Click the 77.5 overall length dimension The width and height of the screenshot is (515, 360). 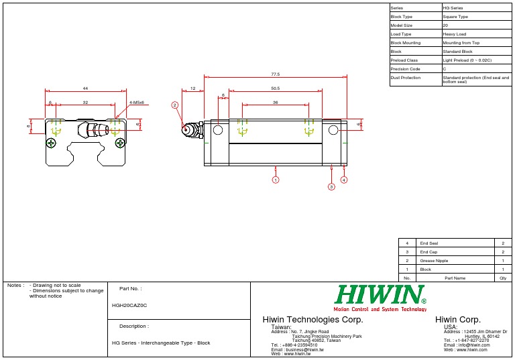[x=275, y=74]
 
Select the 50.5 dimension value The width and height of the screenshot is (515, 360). [x=275, y=88]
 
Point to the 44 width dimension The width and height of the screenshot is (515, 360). [x=85, y=88]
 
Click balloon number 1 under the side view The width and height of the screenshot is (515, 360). [x=276, y=180]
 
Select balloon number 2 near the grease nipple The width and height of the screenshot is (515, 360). [x=174, y=105]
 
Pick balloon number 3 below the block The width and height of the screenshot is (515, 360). [x=331, y=187]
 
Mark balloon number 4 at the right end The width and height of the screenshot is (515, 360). [x=344, y=180]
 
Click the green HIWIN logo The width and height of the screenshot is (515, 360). [x=380, y=294]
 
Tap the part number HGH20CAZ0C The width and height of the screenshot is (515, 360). [x=129, y=305]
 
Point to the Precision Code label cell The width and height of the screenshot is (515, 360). [x=415, y=68]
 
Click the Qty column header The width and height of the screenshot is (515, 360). [x=503, y=278]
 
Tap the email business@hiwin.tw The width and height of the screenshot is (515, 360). [x=297, y=349]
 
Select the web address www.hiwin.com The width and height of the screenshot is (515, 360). [x=465, y=349]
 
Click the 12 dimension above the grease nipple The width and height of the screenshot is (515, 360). [x=193, y=88]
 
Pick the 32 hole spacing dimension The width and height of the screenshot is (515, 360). [x=85, y=103]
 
